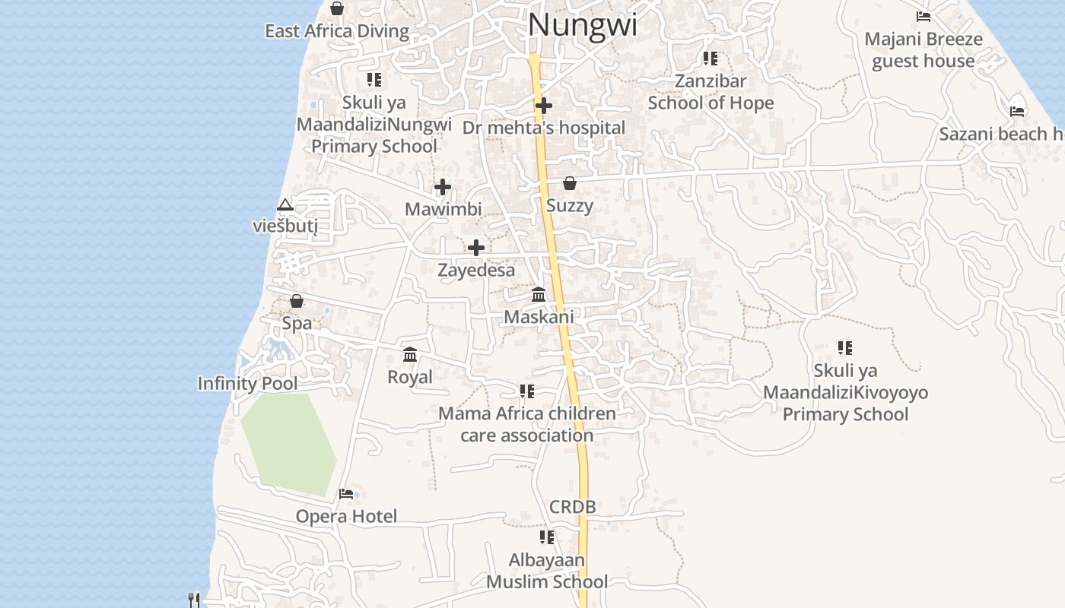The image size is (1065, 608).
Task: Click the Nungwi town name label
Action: point(582,25)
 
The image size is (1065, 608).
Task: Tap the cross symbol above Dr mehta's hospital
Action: point(543,106)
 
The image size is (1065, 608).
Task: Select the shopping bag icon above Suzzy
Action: point(569,183)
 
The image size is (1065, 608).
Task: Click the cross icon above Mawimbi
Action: point(442,187)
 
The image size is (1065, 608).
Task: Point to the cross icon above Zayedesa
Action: point(475,248)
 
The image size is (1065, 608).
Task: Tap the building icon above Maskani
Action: point(539,294)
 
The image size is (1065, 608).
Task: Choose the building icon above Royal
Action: point(410,354)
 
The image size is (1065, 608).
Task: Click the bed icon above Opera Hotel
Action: point(346,494)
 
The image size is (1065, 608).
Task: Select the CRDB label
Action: point(572,507)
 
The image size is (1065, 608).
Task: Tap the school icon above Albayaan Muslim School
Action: point(546,537)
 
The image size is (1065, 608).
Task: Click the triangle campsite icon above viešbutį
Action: point(285,204)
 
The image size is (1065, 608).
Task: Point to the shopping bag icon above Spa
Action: point(297,301)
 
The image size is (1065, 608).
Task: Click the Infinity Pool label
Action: point(247,383)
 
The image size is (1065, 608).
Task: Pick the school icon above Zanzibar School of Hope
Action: point(710,59)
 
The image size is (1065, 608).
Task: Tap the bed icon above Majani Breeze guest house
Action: point(923,16)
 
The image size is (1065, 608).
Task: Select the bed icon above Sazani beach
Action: point(1016,111)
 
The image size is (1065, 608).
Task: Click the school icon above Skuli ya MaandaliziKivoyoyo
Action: point(844,348)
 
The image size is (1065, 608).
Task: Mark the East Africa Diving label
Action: point(336,31)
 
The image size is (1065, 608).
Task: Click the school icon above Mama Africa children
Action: point(526,391)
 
